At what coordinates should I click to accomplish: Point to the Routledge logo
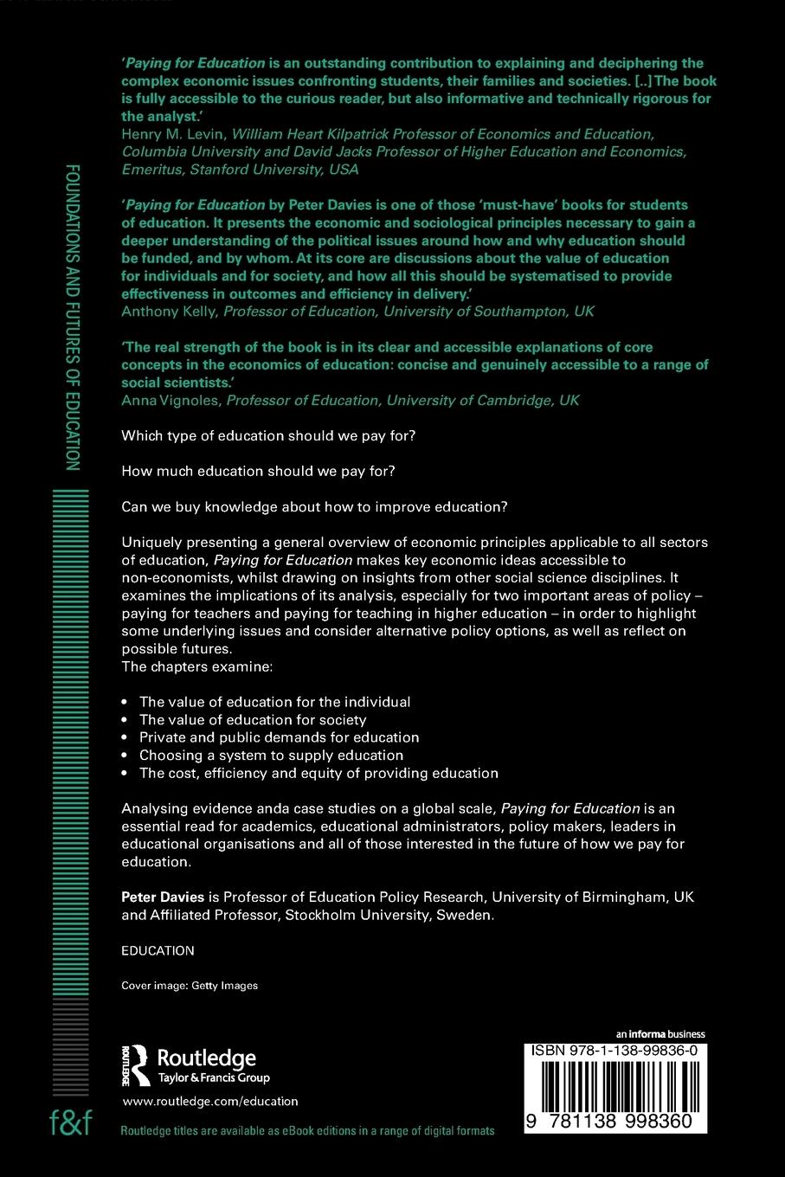(x=196, y=1065)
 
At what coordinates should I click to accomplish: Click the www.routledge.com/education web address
(x=210, y=1102)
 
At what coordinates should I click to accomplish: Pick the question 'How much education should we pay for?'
(x=258, y=471)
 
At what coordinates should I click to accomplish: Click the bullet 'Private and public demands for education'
(x=279, y=737)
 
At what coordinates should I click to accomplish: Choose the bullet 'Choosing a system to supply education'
(x=271, y=755)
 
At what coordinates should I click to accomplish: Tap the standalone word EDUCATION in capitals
(x=158, y=950)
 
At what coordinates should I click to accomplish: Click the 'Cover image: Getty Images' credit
(x=190, y=985)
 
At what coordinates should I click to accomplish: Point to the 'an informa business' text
(x=660, y=1034)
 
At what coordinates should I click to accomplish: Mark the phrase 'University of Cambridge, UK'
(x=483, y=400)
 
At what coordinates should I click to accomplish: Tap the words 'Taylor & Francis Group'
(x=213, y=1078)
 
